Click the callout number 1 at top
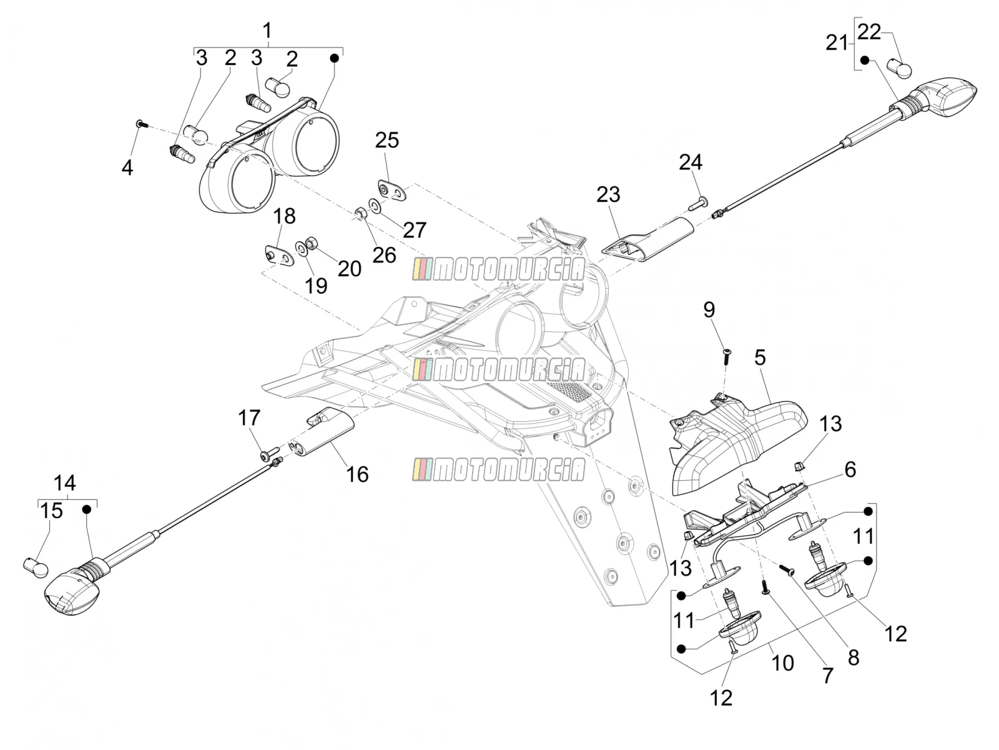point(267,31)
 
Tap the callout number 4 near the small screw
point(127,167)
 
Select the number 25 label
point(387,140)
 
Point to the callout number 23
point(608,194)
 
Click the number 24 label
point(691,162)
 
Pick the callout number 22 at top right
point(869,32)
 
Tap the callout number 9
point(709,309)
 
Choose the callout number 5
point(760,357)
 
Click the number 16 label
point(357,474)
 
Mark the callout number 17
point(249,417)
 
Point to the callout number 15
point(51,511)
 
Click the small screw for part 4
point(141,123)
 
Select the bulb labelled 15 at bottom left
point(36,568)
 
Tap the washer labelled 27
point(375,205)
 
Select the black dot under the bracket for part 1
point(334,58)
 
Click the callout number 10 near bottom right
point(782,663)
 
